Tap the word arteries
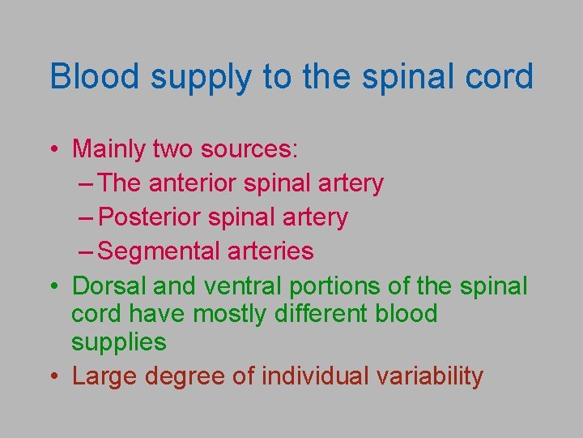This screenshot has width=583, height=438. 272,251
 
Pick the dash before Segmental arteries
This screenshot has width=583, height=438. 87,252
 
